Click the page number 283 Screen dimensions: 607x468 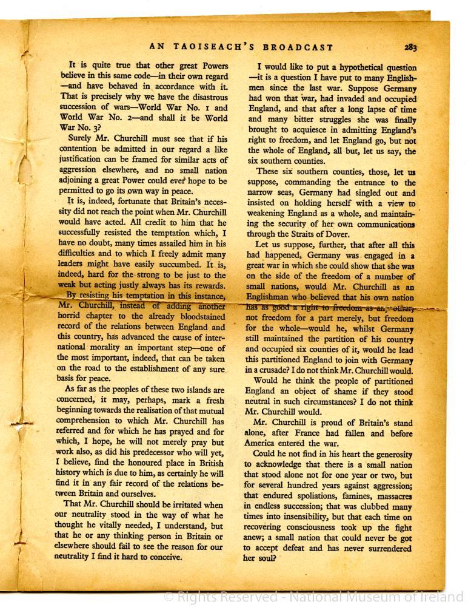410,47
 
